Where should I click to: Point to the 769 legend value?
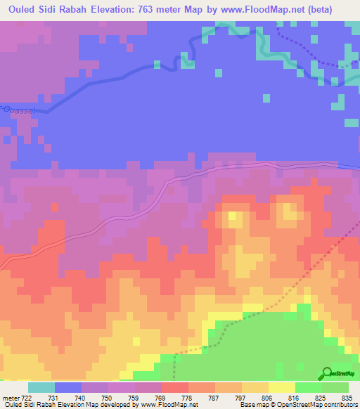148,397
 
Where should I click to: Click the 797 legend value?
229,397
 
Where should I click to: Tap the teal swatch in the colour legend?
41,387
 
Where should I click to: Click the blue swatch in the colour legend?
68,387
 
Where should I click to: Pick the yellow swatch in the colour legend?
281,387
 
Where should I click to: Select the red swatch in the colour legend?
175,387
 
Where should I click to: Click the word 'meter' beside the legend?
10,397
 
